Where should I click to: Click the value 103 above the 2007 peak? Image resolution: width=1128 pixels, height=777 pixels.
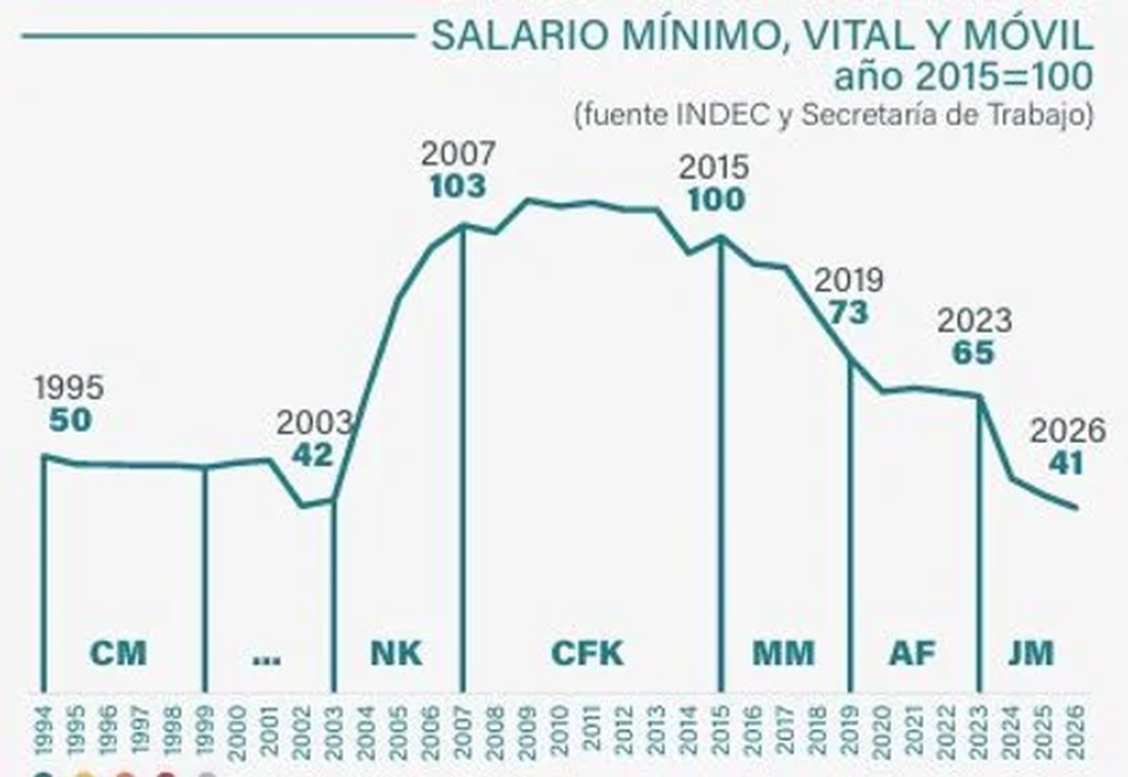tap(458, 186)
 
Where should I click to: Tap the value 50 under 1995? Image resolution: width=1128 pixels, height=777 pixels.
tap(70, 420)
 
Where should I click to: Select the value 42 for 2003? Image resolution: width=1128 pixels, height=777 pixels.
tap(312, 455)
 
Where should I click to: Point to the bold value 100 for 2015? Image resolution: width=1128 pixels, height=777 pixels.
tap(716, 200)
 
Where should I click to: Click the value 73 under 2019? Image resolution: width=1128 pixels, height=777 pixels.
tap(848, 312)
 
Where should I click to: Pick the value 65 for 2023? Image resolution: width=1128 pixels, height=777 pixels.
tap(973, 354)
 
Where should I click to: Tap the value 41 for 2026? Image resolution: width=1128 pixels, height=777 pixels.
tap(1066, 464)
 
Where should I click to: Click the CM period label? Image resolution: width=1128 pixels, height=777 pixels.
tap(118, 653)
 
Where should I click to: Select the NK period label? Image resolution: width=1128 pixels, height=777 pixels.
tap(395, 653)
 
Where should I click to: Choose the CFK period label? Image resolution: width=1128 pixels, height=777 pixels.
tap(587, 653)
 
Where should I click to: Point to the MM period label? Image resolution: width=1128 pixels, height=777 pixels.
tap(783, 653)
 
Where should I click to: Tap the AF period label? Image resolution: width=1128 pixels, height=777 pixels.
tap(912, 653)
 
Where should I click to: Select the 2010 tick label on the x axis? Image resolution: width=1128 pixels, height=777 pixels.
tap(560, 730)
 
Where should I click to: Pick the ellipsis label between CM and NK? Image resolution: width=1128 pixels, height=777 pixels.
tap(267, 657)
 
